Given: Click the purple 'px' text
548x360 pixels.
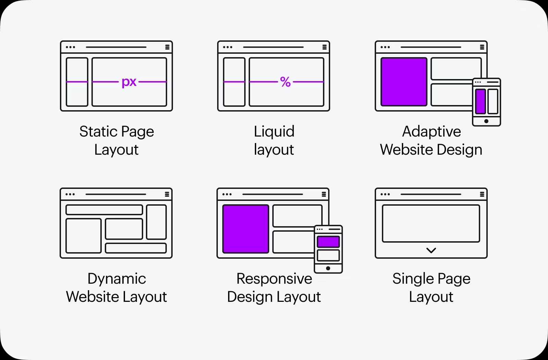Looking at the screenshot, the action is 129,82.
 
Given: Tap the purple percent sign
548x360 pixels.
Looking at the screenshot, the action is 285,82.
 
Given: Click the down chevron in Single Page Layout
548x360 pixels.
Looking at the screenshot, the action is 431,250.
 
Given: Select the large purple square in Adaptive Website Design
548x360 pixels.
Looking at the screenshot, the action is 404,82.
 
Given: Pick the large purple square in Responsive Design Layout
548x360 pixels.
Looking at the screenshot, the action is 246,229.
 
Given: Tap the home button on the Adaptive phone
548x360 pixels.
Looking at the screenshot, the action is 486,121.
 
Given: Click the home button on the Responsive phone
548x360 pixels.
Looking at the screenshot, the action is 328,268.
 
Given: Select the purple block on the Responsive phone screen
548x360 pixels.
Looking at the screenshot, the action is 328,242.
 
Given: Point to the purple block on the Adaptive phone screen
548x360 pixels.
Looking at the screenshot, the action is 481,101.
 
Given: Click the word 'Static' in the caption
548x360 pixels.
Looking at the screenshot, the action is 99,131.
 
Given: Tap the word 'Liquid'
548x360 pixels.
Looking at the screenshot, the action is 274,132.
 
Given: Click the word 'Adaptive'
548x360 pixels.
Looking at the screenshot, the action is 432,132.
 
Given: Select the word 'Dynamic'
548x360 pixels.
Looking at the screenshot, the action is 117,279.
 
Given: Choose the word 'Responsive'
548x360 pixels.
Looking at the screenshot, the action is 274,279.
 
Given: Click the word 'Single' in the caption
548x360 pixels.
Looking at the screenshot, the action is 413,279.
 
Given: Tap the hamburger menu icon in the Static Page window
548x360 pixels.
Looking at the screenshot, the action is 167,47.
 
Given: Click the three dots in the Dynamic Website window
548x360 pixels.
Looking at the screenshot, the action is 70,194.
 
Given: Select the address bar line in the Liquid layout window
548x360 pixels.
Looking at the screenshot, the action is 273,47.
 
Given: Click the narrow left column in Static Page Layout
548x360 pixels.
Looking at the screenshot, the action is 77,82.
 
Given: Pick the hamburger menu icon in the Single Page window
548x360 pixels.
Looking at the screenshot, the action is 482,194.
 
